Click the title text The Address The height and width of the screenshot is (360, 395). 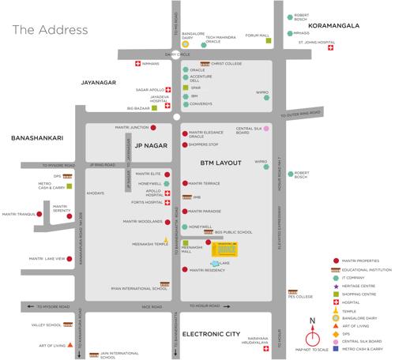pyautogui.click(x=50, y=30)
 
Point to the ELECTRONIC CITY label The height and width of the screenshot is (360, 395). pyautogui.click(x=211, y=335)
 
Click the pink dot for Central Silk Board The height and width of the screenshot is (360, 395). pyautogui.click(x=266, y=129)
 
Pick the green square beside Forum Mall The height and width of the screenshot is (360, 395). pyautogui.click(x=269, y=41)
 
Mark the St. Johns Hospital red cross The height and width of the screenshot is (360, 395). pyautogui.click(x=331, y=47)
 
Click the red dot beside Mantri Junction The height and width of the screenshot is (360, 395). pyautogui.click(x=154, y=127)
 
